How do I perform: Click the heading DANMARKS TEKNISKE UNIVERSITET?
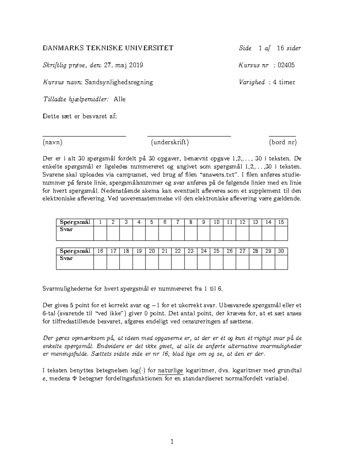coord(108,48)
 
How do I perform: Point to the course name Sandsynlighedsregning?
coord(119,82)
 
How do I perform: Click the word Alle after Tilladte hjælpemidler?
coord(119,99)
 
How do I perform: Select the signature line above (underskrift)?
coord(189,137)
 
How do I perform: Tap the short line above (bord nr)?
coord(282,137)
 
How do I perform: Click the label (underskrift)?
coord(170,142)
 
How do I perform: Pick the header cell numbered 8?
coord(191,222)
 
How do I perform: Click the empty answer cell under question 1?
coord(100,233)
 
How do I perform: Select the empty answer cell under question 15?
coord(281,233)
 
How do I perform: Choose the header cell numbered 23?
coord(191,251)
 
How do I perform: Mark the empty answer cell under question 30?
coord(281,262)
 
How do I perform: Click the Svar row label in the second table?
coord(66,258)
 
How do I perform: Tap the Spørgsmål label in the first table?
coord(75,222)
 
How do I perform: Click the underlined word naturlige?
coord(170,370)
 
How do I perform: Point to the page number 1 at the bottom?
coord(172,442)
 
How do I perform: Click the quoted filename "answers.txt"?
coord(215,175)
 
